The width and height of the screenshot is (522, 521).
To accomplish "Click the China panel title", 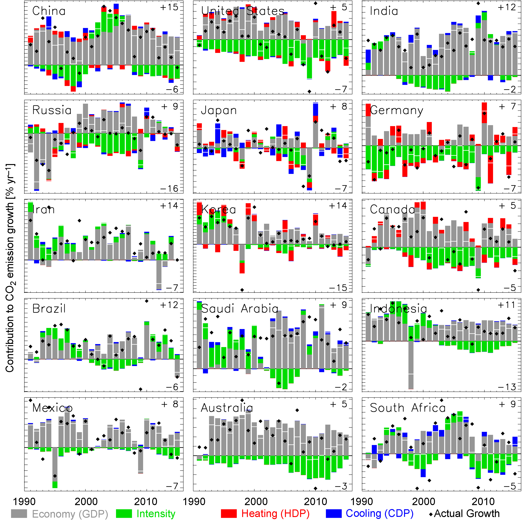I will pyautogui.click(x=49, y=11).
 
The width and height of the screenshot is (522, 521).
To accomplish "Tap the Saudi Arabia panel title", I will pyautogui.click(x=240, y=308).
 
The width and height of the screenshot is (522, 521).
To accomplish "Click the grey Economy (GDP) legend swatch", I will pyautogui.click(x=19, y=513).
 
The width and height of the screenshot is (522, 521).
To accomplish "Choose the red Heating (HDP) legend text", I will pyautogui.click(x=275, y=513).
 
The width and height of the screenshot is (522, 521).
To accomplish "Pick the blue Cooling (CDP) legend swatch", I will pyautogui.click(x=333, y=513).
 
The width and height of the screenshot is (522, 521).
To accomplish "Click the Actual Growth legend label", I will pyautogui.click(x=467, y=513).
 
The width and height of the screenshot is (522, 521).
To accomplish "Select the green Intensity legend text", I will pyautogui.click(x=156, y=513).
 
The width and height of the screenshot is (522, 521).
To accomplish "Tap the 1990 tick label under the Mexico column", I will pyautogui.click(x=24, y=501).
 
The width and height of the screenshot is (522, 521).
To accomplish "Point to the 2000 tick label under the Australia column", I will pyautogui.click(x=256, y=501).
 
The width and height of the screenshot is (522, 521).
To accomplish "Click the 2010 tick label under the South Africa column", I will pyautogui.click(x=483, y=501).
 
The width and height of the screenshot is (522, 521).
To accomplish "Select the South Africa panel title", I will pyautogui.click(x=407, y=408).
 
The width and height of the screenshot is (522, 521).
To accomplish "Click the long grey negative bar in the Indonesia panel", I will pyautogui.click(x=411, y=365).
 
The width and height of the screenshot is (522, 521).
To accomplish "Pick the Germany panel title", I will pyautogui.click(x=396, y=110).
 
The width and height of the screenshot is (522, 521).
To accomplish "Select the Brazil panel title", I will pyautogui.click(x=49, y=308).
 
